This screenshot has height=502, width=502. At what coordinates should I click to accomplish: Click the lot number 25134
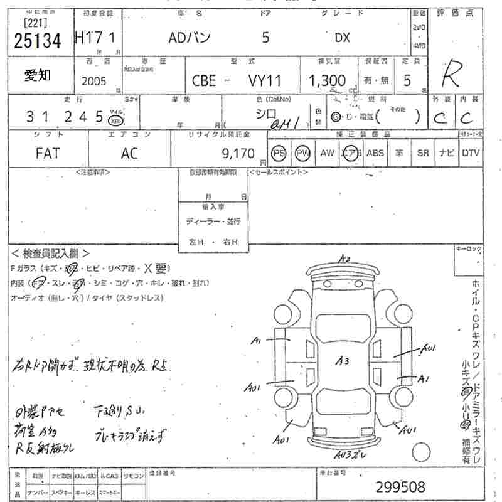38,42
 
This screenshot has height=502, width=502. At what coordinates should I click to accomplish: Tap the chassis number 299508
400,486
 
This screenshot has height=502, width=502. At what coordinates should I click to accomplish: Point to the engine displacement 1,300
326,81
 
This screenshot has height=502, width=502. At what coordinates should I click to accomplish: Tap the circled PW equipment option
303,153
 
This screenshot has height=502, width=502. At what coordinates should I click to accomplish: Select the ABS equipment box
375,153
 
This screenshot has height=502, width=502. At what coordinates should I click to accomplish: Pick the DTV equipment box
471,153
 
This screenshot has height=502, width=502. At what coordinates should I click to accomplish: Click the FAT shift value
47,153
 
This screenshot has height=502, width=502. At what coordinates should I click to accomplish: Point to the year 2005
94,82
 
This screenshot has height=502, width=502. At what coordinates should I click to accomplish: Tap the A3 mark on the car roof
342,360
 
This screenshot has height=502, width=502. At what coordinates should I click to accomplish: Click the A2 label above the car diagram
343,259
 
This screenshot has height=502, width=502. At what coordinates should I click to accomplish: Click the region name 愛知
38,76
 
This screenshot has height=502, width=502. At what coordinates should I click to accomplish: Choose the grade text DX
342,38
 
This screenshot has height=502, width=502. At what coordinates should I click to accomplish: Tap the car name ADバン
190,38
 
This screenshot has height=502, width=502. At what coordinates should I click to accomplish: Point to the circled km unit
115,121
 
